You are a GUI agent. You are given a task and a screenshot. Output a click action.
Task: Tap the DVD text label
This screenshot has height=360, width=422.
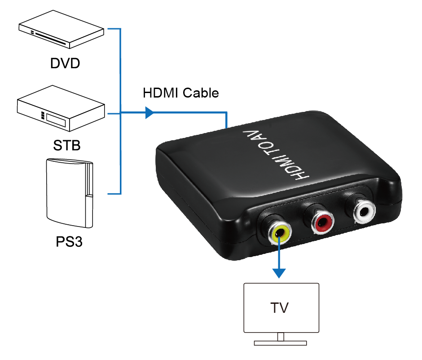click(x=65, y=63)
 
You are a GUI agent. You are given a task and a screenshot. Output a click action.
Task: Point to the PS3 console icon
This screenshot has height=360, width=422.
click(x=70, y=193)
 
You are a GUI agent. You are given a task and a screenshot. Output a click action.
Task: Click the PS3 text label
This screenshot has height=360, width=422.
click(x=70, y=242)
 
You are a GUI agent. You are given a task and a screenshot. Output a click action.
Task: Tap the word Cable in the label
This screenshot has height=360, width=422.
click(x=201, y=93)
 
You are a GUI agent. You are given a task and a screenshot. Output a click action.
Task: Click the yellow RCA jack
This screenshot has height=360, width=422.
click(x=279, y=232)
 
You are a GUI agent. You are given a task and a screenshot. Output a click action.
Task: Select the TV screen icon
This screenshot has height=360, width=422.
click(x=281, y=308)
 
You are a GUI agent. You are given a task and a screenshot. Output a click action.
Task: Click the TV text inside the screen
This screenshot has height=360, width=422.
click(x=280, y=308)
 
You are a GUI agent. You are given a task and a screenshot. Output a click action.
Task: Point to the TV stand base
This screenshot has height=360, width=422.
click(x=280, y=343)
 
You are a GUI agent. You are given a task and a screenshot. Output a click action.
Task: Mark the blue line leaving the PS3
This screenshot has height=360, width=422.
click(x=115, y=194)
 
